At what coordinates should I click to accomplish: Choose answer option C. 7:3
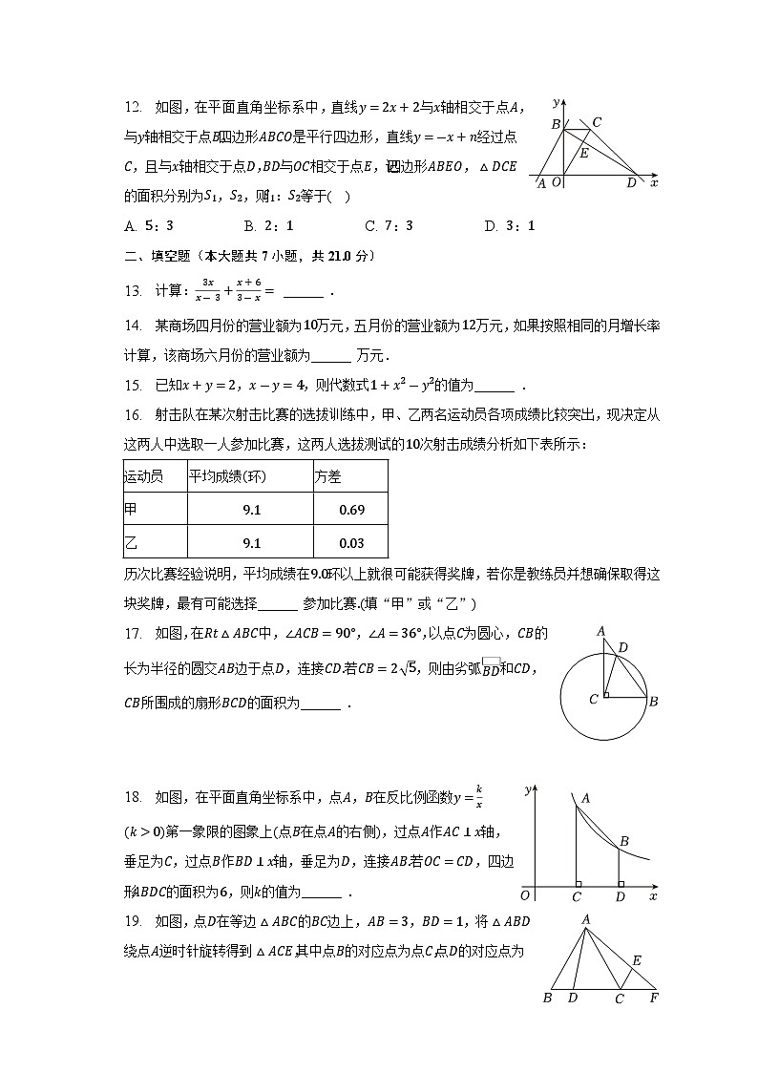[389, 226]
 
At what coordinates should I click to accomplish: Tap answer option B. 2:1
[268, 226]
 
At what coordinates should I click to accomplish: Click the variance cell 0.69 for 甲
[351, 510]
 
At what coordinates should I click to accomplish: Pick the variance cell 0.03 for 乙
[351, 543]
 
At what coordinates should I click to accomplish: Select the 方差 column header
[327, 476]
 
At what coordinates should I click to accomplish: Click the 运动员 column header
[143, 476]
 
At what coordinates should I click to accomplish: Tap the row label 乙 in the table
[132, 543]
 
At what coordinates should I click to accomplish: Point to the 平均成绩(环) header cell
[226, 476]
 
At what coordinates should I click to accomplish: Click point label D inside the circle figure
[622, 648]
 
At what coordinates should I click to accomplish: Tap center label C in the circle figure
[594, 700]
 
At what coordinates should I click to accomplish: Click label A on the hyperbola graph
[585, 798]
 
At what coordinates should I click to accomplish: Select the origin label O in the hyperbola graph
[524, 896]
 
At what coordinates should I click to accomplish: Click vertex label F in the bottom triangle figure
[654, 998]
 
